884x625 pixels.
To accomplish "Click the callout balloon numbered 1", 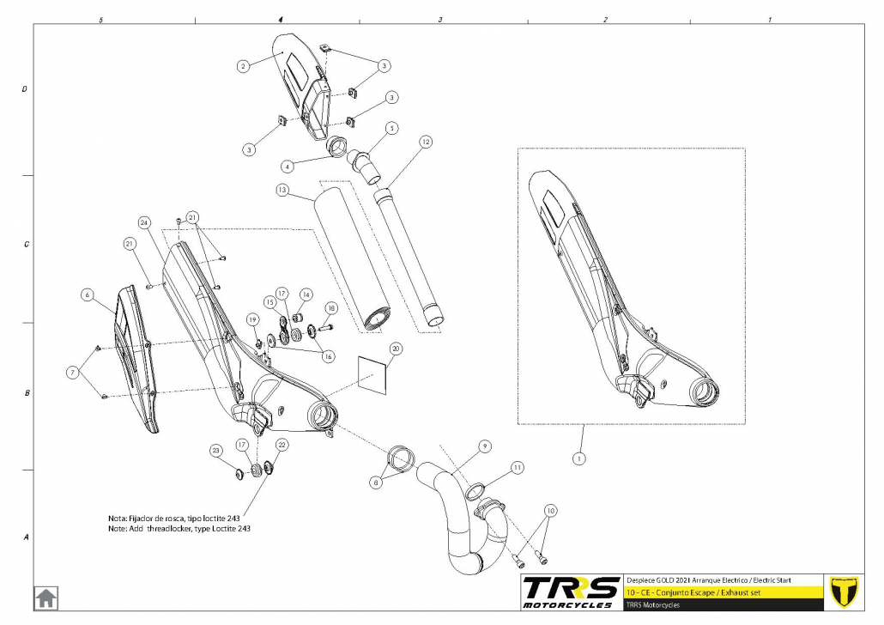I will click(579, 458).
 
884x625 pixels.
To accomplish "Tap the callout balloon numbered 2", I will click(243, 65).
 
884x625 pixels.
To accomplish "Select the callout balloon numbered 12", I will click(425, 141).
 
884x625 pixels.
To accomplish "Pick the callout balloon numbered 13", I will click(282, 189).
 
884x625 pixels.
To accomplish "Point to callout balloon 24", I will click(145, 223).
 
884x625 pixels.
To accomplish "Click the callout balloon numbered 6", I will click(87, 294).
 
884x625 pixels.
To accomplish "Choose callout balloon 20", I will click(395, 349).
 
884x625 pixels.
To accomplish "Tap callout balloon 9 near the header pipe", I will click(484, 446).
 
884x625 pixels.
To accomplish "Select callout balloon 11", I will click(517, 467).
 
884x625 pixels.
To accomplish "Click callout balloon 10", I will click(550, 511).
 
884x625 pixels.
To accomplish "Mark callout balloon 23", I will click(215, 451).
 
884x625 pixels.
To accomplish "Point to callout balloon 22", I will click(282, 445).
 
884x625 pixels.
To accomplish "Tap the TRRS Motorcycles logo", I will click(571, 592).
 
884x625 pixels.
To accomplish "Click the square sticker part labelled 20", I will click(372, 373).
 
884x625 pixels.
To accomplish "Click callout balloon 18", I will click(331, 307).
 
